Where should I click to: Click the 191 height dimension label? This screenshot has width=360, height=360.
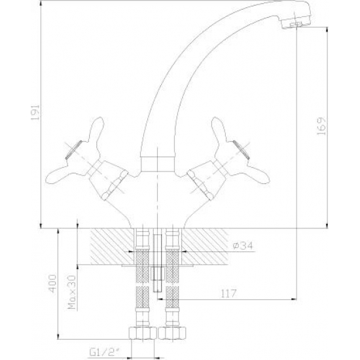tap(35, 113)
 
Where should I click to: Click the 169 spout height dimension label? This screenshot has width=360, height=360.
tap(321, 126)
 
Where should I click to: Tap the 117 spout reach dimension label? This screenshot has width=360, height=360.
tap(228, 294)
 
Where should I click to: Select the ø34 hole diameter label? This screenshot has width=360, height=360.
tap(243, 245)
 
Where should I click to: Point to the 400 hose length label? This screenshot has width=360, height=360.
tap(52, 283)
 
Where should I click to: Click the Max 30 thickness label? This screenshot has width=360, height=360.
tap(72, 292)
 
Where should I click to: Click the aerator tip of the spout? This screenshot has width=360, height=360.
tap(296, 24)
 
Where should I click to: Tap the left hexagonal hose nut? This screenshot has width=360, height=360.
tap(142, 333)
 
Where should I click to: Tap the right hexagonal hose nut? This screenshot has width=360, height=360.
tap(171, 333)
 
